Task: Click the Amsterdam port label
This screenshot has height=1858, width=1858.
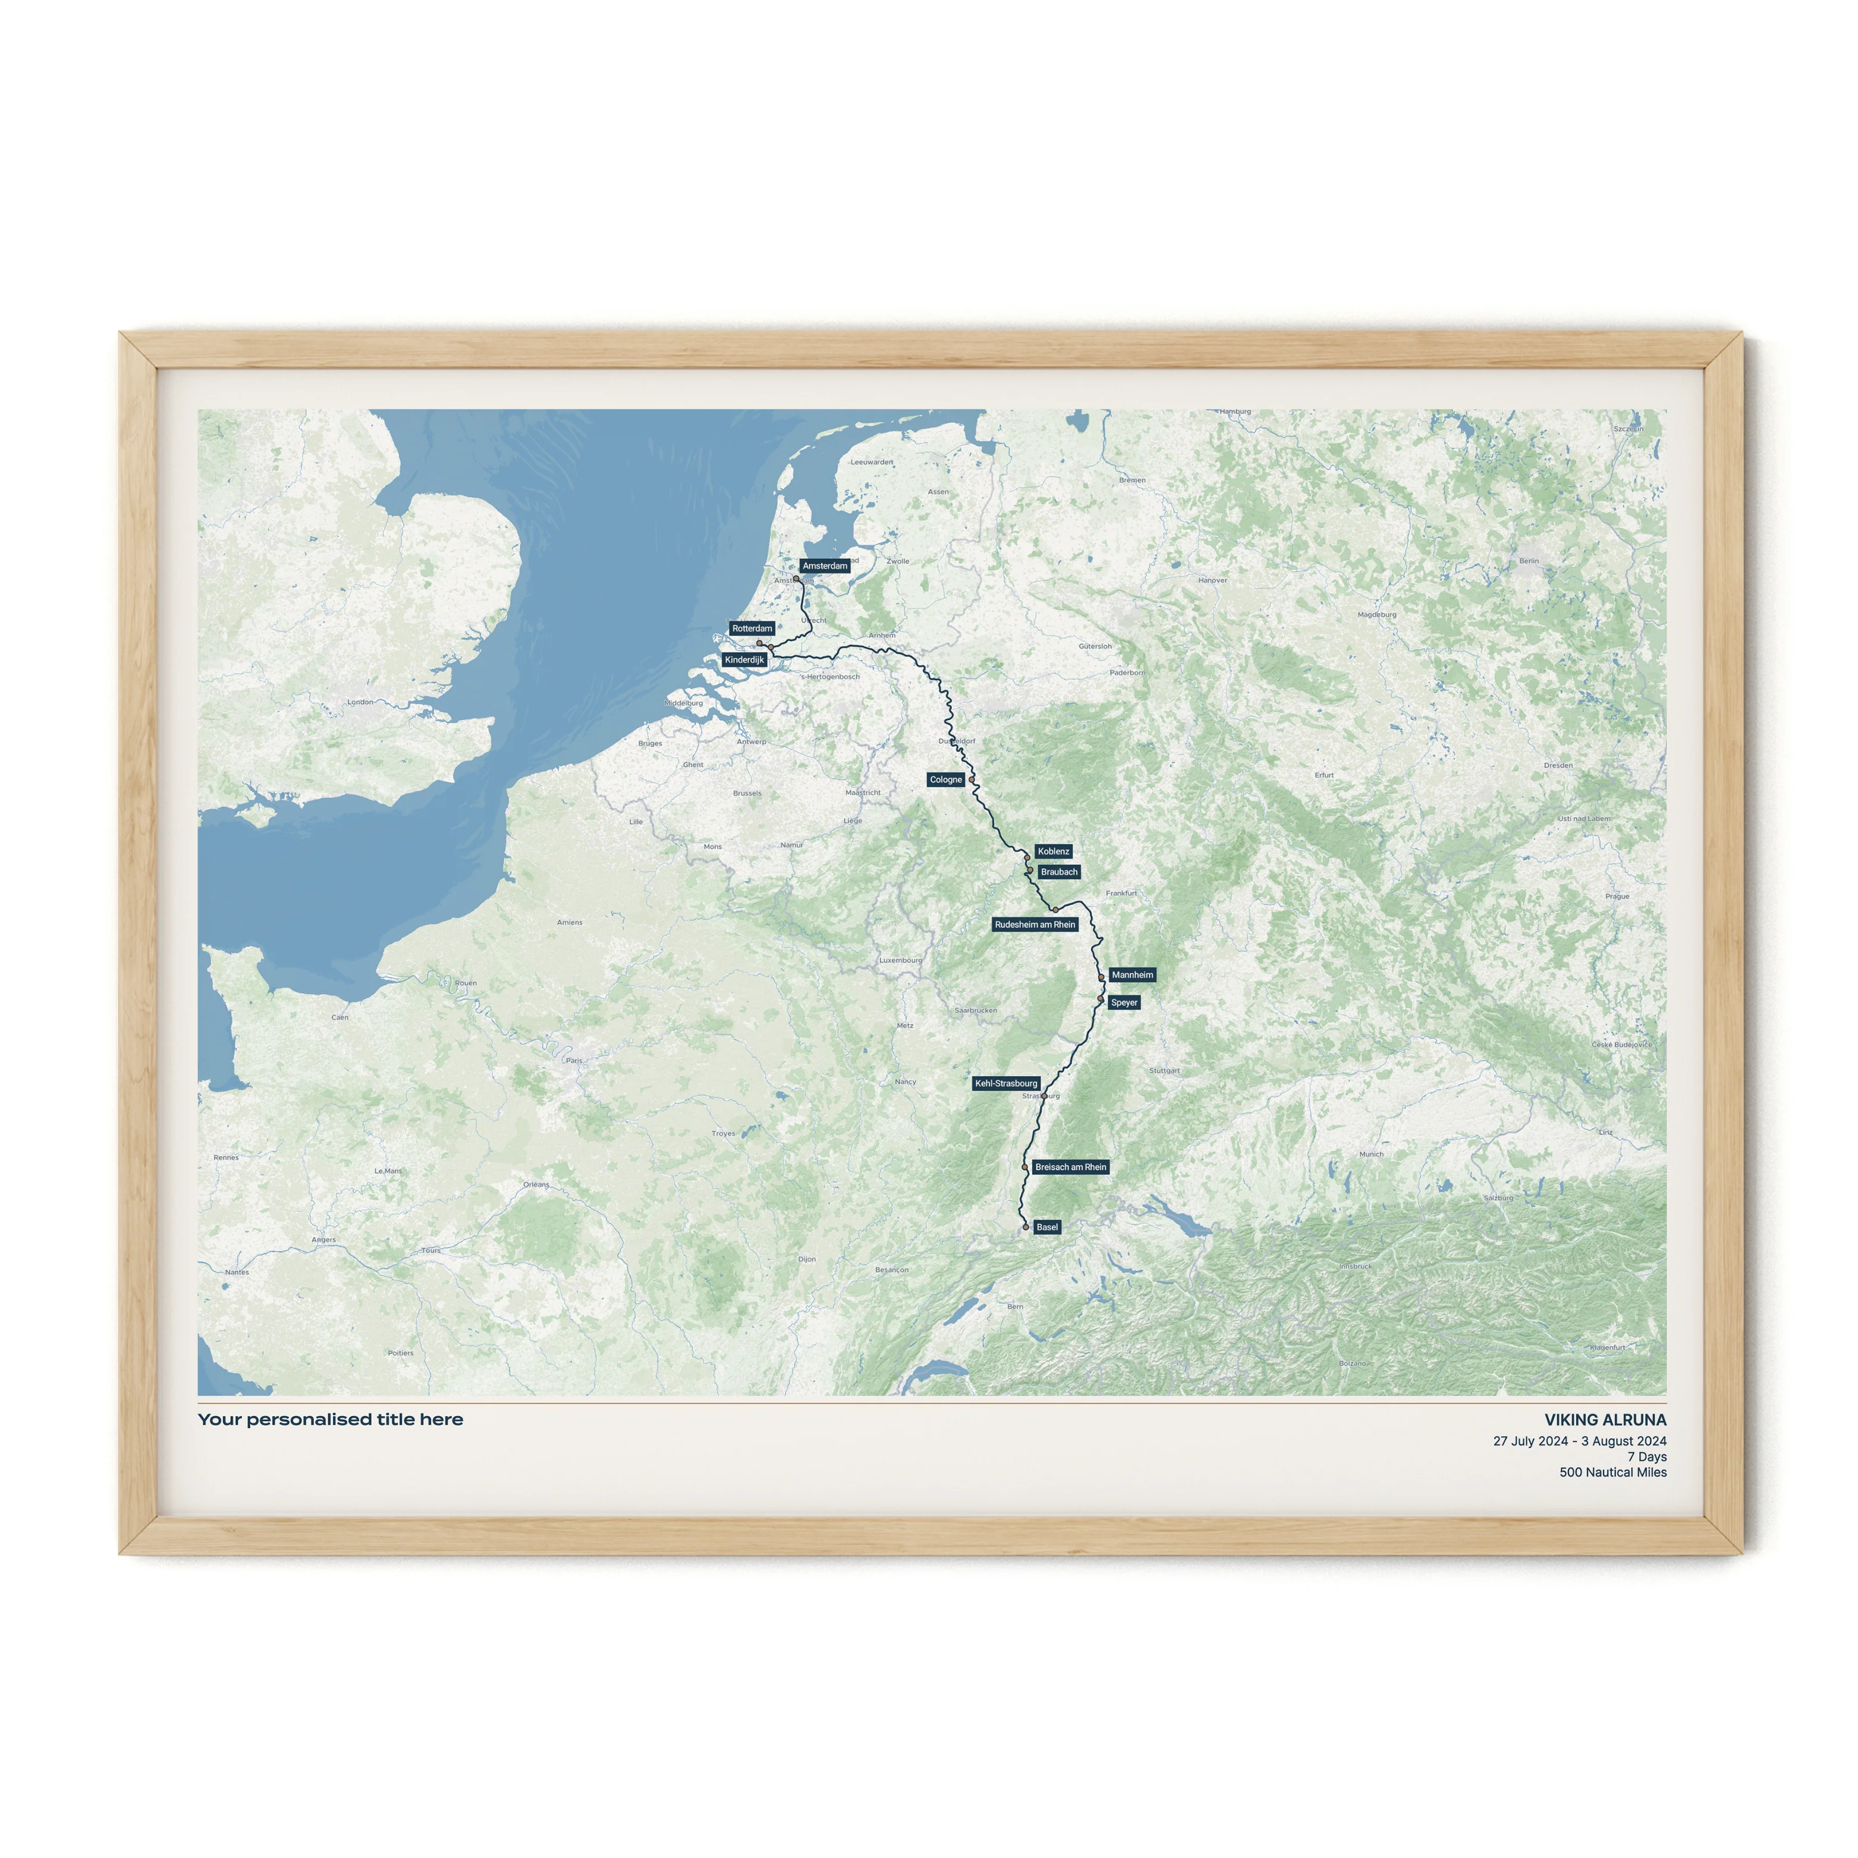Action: [x=824, y=565]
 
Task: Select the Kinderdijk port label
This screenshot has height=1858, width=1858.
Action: [x=744, y=660]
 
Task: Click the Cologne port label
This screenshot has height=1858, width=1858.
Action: [x=945, y=780]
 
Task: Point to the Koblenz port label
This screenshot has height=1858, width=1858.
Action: [x=1053, y=851]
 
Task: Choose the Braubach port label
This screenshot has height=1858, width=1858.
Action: [x=1059, y=872]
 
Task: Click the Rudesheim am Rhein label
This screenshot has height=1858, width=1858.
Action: [x=1035, y=924]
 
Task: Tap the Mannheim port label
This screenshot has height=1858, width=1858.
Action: [x=1132, y=974]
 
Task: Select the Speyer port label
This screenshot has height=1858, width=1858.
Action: [x=1123, y=1002]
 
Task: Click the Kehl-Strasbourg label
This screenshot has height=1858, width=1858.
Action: [x=1006, y=1083]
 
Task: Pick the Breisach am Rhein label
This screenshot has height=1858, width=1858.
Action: [x=1070, y=1167]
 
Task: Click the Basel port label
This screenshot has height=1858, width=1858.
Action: [x=1046, y=1227]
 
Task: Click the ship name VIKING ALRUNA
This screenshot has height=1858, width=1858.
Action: [x=1605, y=1419]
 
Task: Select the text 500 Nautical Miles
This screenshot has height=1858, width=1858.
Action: [x=1613, y=1472]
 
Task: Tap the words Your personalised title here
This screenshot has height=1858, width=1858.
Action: [x=330, y=1419]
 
